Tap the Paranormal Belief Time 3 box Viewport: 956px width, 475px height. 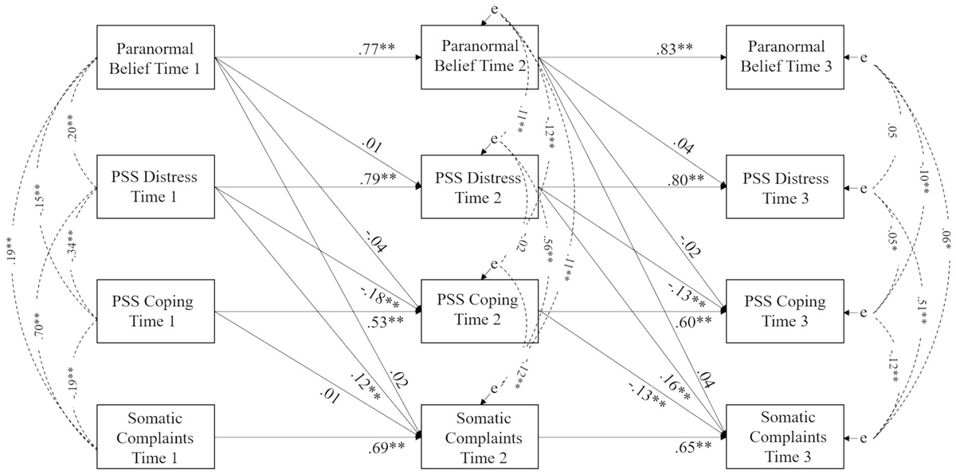click(x=785, y=58)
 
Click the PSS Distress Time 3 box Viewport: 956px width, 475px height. click(x=785, y=186)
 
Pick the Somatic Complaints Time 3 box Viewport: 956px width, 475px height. click(x=785, y=438)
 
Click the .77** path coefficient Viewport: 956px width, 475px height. click(x=377, y=48)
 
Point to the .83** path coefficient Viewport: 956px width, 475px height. click(x=674, y=48)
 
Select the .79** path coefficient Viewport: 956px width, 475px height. click(x=378, y=175)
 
